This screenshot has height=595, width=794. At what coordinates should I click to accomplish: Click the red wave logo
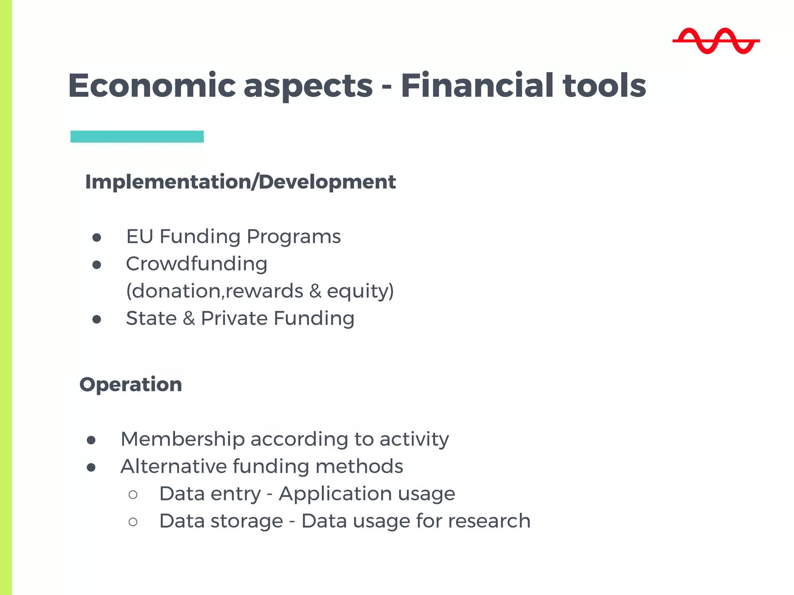716,41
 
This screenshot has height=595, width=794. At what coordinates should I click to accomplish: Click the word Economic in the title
152,86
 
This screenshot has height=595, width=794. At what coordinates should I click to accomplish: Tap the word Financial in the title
477,86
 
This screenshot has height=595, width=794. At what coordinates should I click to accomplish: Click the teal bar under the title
137,137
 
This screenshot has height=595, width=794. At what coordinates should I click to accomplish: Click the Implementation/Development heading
240,182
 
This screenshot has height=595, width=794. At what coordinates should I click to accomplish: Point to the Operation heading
131,385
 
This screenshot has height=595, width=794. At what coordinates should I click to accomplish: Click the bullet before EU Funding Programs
97,237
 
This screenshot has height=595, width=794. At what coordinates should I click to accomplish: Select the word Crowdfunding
197,264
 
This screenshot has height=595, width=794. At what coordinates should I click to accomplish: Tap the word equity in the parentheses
357,291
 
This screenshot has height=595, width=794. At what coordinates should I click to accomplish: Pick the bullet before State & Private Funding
97,320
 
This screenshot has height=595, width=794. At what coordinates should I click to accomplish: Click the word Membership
183,439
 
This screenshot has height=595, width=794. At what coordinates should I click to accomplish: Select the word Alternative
173,466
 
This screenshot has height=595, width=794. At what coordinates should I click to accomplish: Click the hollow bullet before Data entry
133,495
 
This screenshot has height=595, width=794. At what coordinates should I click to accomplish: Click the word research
489,521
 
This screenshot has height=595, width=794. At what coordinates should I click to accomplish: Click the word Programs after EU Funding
293,237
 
